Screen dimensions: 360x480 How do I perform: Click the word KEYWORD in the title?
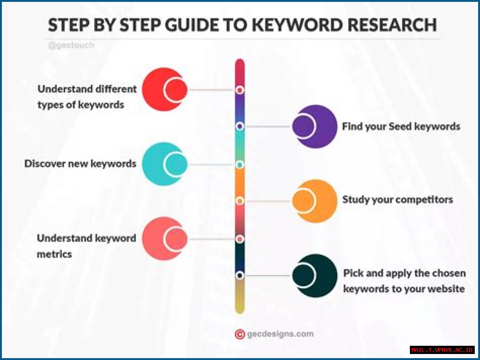tap(297, 25)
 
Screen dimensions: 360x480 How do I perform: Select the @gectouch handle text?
tap(71, 45)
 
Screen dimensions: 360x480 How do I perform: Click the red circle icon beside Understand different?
tap(164, 90)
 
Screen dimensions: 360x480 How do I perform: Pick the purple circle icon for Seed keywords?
tap(315, 126)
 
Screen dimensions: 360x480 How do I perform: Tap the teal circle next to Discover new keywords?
tap(164, 164)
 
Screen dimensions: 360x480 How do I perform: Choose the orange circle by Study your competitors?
tap(315, 201)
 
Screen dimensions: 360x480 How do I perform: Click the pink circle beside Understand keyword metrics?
tap(164, 239)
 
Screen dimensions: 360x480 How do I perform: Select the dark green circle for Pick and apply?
tap(315, 276)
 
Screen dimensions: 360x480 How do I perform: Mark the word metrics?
tap(54, 254)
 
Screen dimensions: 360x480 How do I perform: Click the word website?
tap(446, 289)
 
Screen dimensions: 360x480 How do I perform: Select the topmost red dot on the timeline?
tap(240, 90)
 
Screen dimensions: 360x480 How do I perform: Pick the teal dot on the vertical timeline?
tap(240, 164)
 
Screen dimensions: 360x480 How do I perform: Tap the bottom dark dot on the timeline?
tap(240, 275)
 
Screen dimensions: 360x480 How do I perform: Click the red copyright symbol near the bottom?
tap(240, 334)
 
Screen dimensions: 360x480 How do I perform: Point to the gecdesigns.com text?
tap(280, 334)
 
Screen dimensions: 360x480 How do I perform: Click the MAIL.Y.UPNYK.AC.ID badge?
tap(442, 350)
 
